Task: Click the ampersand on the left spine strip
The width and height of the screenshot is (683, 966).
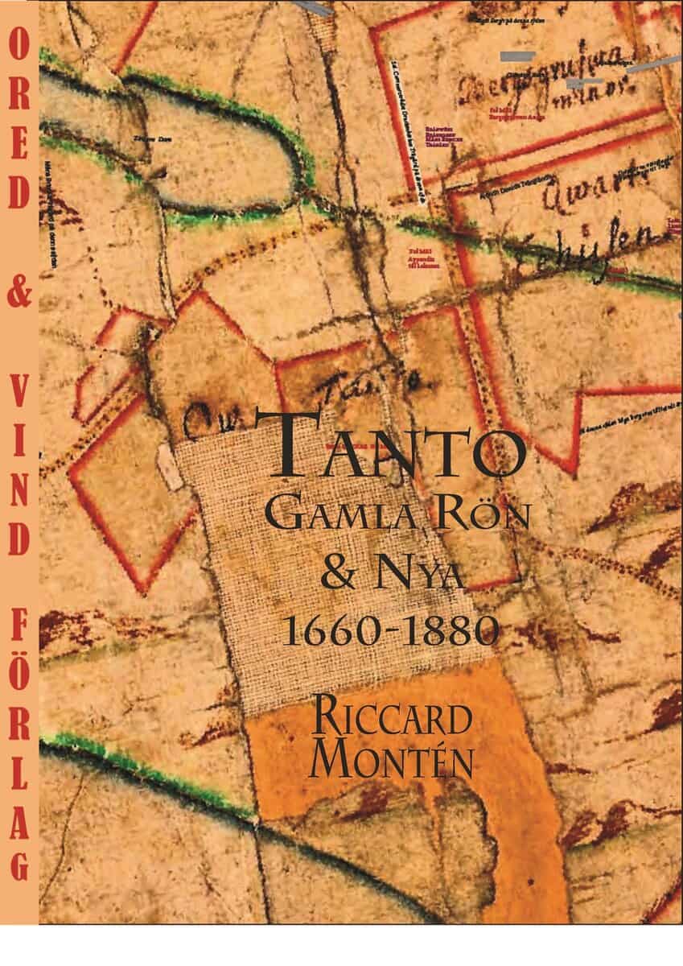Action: (19, 295)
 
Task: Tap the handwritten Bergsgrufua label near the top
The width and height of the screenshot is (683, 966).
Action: (531, 72)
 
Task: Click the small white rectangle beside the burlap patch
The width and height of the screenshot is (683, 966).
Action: (171, 465)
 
